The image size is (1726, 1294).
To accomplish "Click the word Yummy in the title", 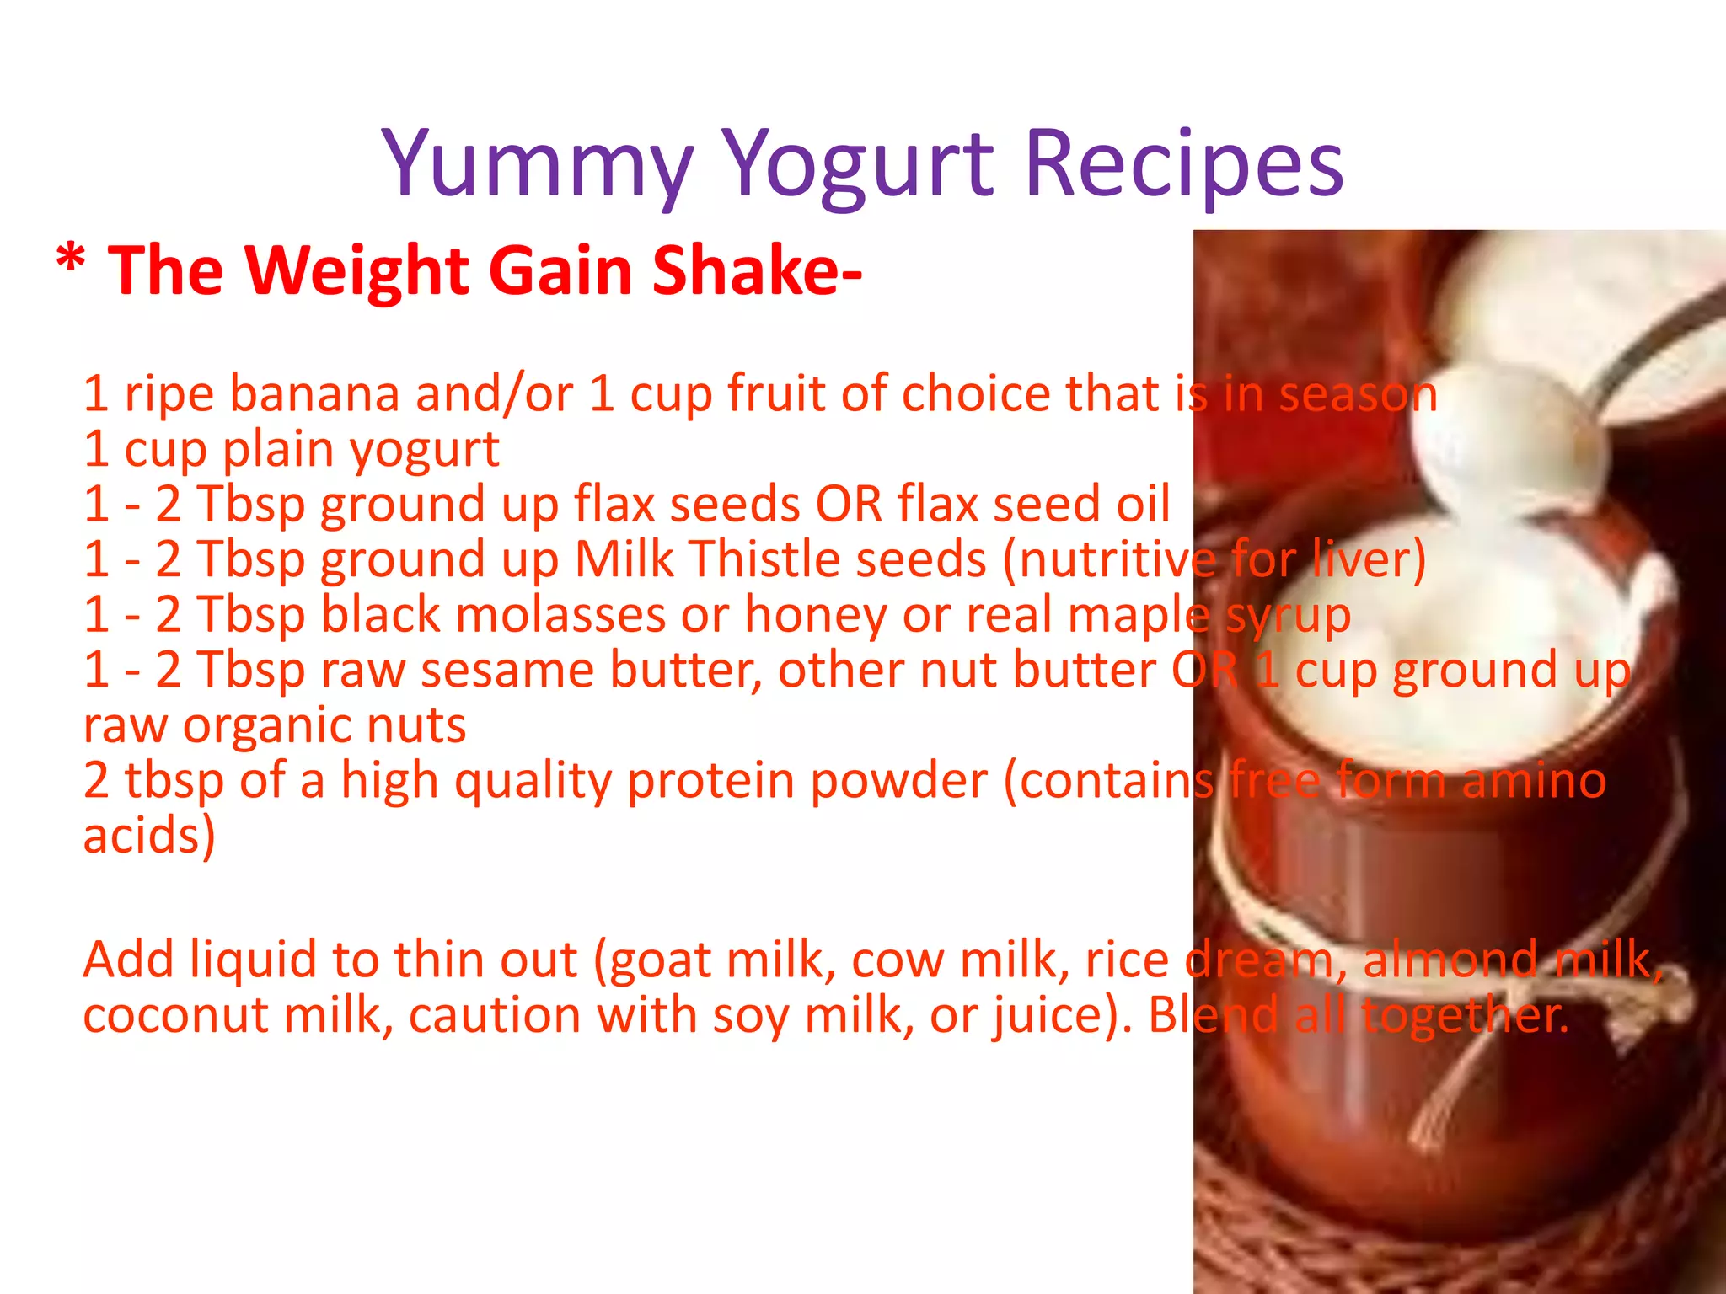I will tap(538, 164).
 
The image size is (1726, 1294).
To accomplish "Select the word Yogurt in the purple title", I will tap(858, 164).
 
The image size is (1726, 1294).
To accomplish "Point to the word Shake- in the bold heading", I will tap(757, 270).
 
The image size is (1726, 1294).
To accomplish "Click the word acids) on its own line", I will tap(149, 836).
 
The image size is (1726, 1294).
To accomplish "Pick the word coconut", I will tap(174, 1014).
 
